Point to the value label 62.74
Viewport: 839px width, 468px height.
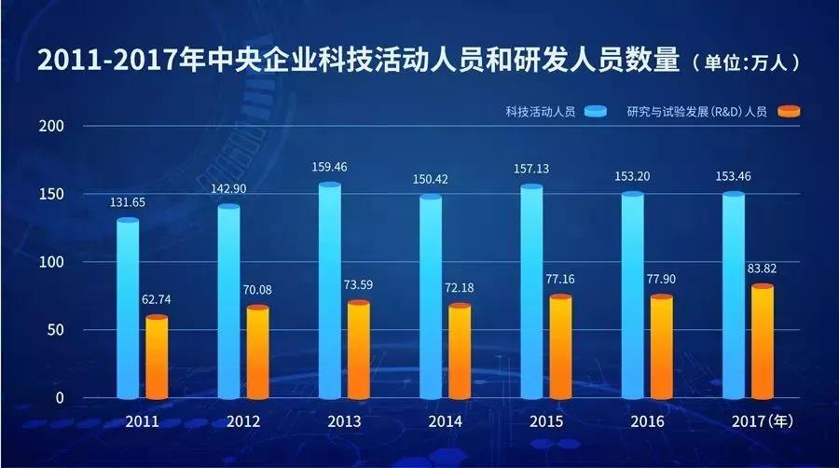[157, 300]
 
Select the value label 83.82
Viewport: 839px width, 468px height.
[763, 269]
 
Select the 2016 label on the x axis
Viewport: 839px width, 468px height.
[646, 421]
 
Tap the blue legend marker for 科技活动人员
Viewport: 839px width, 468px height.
[597, 112]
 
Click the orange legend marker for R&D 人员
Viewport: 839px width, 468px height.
[789, 112]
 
